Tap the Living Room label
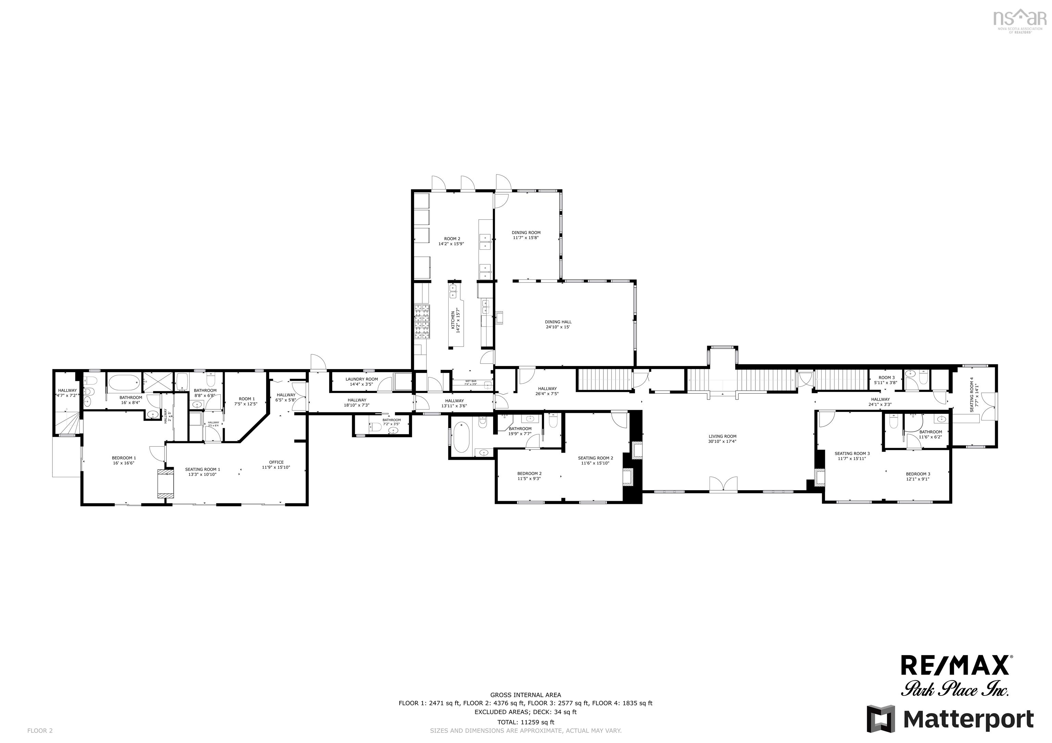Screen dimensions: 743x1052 pos(722,439)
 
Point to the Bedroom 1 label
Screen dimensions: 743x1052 pos(124,460)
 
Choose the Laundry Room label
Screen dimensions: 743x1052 pos(362,381)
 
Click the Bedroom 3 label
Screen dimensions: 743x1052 pos(918,476)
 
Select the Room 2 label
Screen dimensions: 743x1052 pos(452,241)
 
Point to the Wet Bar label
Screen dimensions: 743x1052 pos(471,382)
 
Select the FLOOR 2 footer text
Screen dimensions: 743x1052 pos(40,731)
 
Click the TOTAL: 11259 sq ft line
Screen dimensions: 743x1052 pos(526,722)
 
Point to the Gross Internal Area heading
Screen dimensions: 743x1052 pos(526,694)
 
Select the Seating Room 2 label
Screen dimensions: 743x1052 pos(595,460)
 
